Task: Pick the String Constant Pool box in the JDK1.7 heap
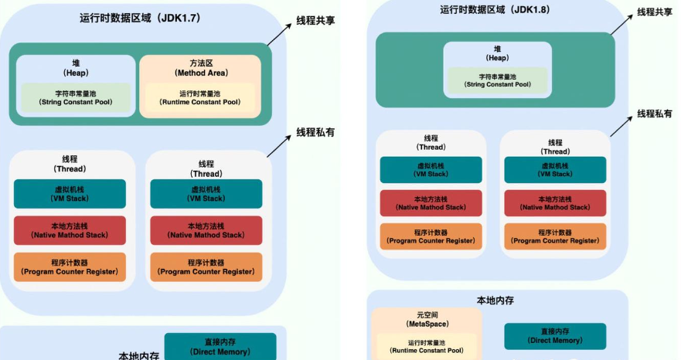[75, 97]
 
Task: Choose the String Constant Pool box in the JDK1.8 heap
[497, 80]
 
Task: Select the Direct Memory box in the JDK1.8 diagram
[555, 336]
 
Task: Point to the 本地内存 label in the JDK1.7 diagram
[139, 355]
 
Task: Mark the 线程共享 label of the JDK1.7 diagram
[315, 20]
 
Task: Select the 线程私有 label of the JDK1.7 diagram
[315, 132]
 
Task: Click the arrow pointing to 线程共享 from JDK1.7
[280, 35]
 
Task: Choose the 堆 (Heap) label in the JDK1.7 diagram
[75, 67]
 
